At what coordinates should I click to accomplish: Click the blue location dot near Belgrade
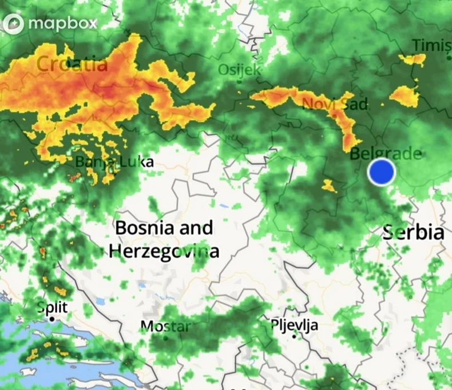pos(382,172)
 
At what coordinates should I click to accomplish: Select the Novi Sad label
pos(327,104)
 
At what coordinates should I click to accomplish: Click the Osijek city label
pos(240,70)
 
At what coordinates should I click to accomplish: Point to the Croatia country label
pos(72,63)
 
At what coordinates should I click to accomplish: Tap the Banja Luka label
pos(114,162)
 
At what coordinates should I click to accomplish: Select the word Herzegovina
pos(164,250)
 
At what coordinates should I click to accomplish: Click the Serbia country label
pos(413,232)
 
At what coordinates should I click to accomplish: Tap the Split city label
pos(52,307)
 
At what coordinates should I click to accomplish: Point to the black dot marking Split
pos(52,319)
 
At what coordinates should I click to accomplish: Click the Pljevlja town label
pos(294,325)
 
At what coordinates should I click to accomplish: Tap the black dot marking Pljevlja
pos(295,336)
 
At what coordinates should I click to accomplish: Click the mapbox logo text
pos(62,23)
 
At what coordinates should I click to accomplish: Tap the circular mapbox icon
pos(14,24)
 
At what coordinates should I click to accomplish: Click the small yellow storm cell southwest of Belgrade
pos(329,185)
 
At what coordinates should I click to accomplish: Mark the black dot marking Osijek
pos(239,82)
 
